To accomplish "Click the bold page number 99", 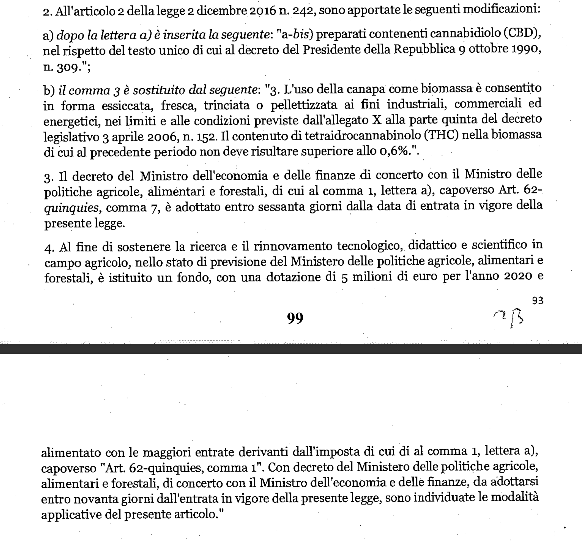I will pyautogui.click(x=295, y=318).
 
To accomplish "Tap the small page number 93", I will pyautogui.click(x=538, y=301).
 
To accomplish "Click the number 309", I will pyautogui.click(x=68, y=68).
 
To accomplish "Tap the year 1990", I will pyautogui.click(x=524, y=49).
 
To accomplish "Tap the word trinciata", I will pyautogui.click(x=226, y=105).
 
